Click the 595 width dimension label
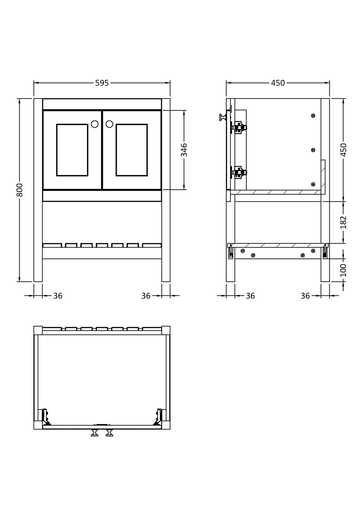click(102, 83)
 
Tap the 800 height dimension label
click(20, 190)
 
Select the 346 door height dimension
click(184, 150)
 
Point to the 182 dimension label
click(343, 222)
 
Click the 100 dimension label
click(343, 270)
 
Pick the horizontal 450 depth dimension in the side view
click(278, 83)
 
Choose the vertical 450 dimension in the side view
click(343, 150)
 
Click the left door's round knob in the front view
click(95, 124)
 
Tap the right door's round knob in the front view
click(110, 124)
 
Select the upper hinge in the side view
click(239, 127)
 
